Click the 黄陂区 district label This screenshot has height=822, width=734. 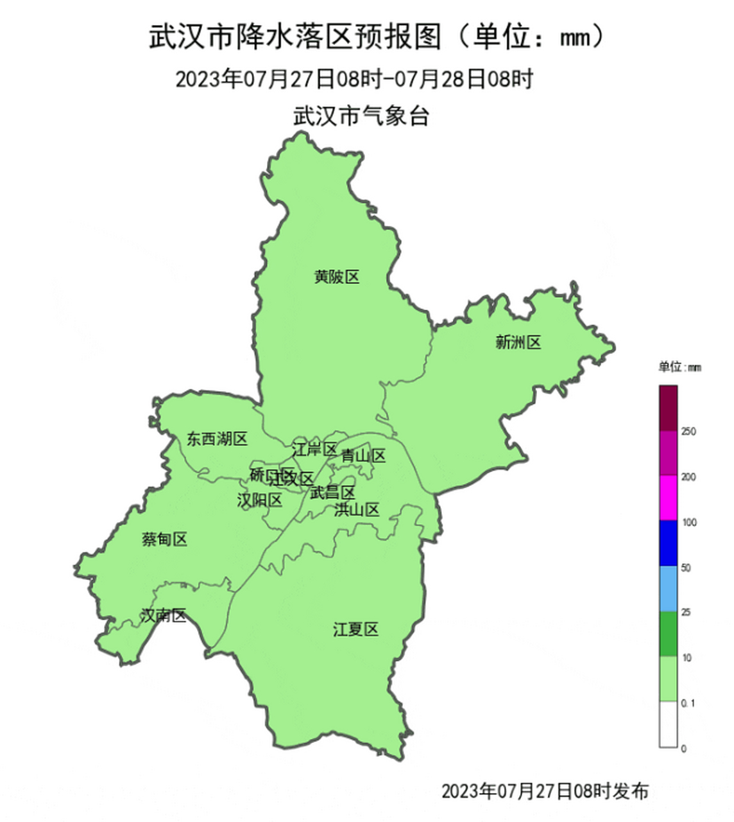(337, 277)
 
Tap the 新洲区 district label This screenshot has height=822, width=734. (518, 342)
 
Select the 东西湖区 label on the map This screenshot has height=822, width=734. (217, 439)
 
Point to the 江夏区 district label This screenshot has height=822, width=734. (355, 629)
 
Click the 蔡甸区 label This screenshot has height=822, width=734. (164, 539)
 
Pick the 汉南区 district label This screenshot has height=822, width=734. (164, 616)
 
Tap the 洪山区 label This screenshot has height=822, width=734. (357, 510)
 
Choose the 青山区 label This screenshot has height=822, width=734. (363, 456)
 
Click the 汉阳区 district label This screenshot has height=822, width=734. (259, 500)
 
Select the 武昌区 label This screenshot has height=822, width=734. (332, 493)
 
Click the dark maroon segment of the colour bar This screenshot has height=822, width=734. (668, 408)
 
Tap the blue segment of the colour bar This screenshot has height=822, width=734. (668, 543)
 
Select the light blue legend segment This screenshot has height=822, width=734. (668, 588)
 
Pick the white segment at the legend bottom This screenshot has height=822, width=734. (668, 724)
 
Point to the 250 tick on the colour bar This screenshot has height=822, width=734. (688, 432)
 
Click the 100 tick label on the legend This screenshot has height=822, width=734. (689, 523)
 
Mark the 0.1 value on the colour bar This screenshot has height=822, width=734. (688, 704)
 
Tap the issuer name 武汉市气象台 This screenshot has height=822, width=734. (361, 116)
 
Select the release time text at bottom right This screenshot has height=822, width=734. (545, 791)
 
